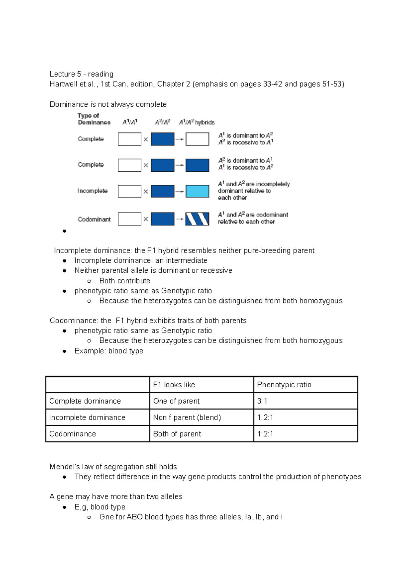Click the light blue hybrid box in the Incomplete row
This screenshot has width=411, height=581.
[x=197, y=191]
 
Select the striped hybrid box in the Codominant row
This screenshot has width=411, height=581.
[x=197, y=219]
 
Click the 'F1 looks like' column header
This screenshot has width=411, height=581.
[x=174, y=385]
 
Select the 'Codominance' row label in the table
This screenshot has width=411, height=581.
[x=73, y=434]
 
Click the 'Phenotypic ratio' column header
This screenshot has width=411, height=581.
[x=284, y=385]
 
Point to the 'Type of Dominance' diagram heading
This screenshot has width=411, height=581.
[x=94, y=119]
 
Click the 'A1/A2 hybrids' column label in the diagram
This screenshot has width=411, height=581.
[x=197, y=122]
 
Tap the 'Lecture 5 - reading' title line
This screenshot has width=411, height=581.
[x=82, y=74]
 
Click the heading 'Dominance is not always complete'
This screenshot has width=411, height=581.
[x=108, y=104]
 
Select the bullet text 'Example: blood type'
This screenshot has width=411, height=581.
[x=109, y=351]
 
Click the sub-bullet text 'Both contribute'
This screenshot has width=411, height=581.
[x=125, y=281]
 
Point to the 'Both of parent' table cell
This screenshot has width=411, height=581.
[x=177, y=434]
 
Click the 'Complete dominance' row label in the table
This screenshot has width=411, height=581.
[x=85, y=401]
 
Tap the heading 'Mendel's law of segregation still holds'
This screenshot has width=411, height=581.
[x=113, y=467]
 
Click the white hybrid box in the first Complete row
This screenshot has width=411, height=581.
[x=197, y=139]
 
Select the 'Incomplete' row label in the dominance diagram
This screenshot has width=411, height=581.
[x=92, y=191]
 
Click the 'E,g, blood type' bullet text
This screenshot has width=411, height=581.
[x=100, y=507]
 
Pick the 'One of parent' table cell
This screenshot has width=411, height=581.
[x=176, y=401]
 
